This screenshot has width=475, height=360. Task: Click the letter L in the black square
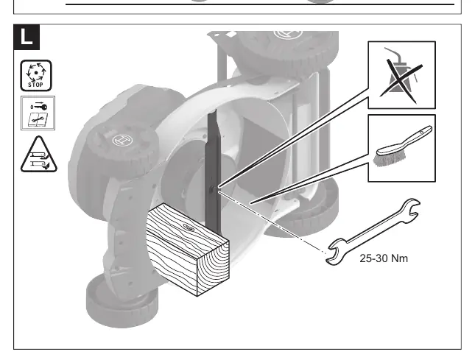pyautogui.click(x=27, y=37)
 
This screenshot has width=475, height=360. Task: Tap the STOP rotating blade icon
pyautogui.click(x=36, y=75)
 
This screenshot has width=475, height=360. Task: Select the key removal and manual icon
pyautogui.click(x=38, y=113)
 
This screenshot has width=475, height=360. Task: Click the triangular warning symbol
pyautogui.click(x=39, y=155)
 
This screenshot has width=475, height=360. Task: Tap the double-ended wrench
pyautogui.click(x=373, y=232)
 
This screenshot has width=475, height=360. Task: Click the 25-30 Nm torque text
pyautogui.click(x=384, y=258)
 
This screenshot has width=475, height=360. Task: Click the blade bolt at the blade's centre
pyautogui.click(x=213, y=190)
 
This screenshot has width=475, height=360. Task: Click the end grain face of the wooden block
pyautogui.click(x=214, y=268)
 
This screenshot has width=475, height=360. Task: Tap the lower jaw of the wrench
pyautogui.click(x=336, y=252)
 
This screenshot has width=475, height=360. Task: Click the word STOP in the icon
pyautogui.click(x=36, y=85)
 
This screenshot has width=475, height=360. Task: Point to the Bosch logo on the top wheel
pyautogui.click(x=288, y=34)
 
